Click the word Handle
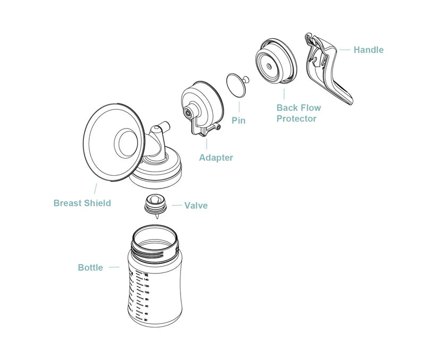[x=368, y=50]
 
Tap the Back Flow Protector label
[x=298, y=113]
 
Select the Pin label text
[x=238, y=121]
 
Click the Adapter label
[x=216, y=158]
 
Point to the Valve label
[x=196, y=205]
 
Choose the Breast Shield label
[x=82, y=203]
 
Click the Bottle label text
[x=90, y=268]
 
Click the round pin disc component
[x=236, y=85]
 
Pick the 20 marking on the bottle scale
[x=145, y=320]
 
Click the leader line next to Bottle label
[x=114, y=268]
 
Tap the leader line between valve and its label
[x=176, y=205]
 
